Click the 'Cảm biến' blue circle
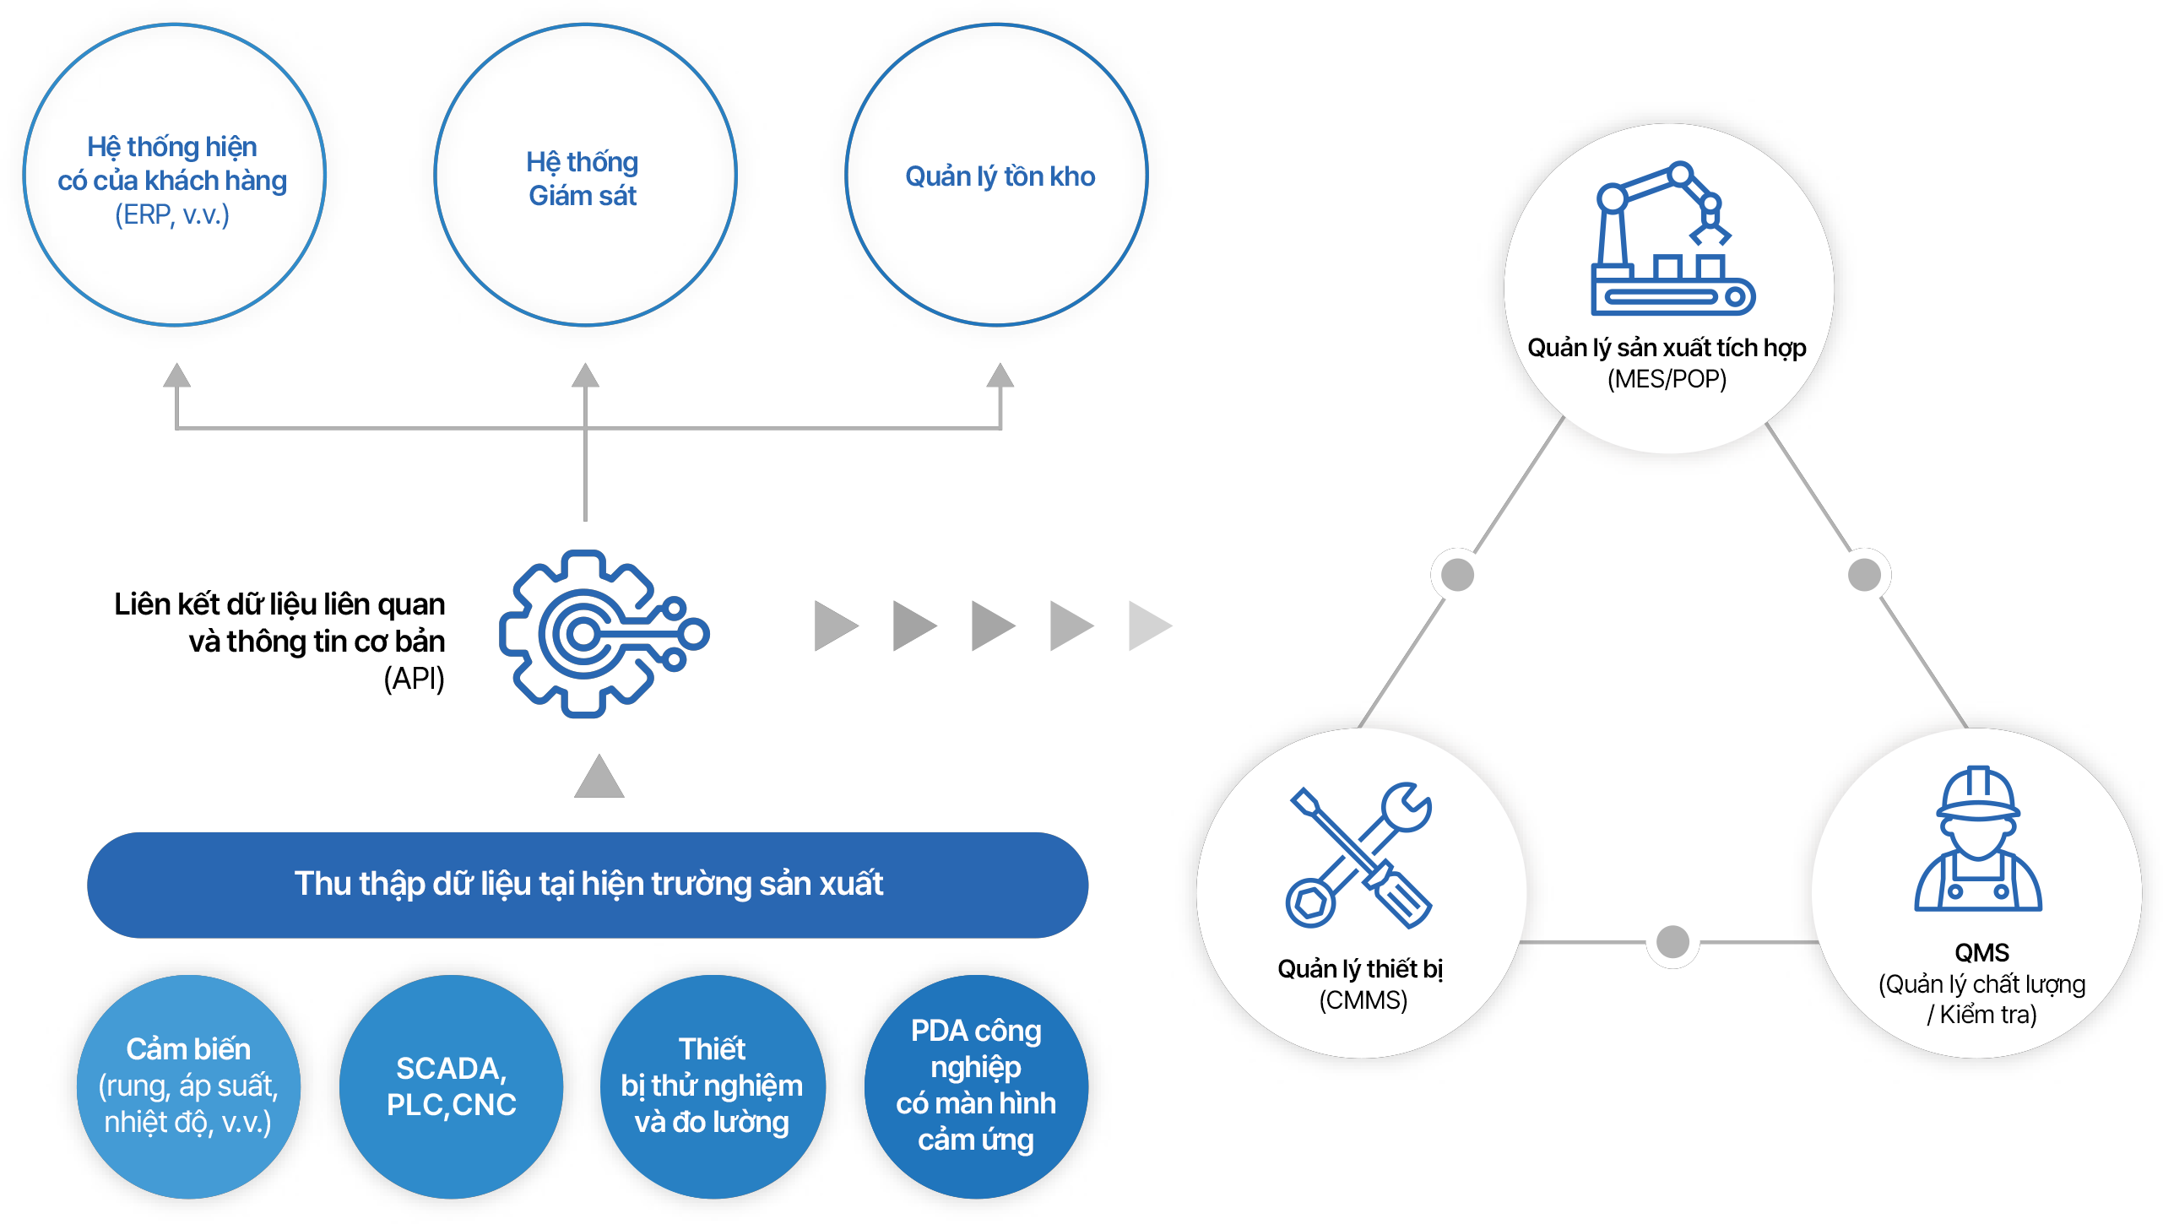[x=188, y=1086]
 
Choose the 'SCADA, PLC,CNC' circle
[x=451, y=1086]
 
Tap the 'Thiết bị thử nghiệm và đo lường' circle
[x=712, y=1086]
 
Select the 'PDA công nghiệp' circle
[x=976, y=1086]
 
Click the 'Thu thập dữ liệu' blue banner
[x=588, y=885]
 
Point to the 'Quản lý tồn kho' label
[x=1000, y=176]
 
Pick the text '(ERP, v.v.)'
[x=172, y=215]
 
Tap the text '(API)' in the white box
[x=414, y=678]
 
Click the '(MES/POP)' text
[x=1667, y=379]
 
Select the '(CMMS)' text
[x=1363, y=1000]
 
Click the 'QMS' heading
[x=1981, y=953]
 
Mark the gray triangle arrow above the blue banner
[x=599, y=777]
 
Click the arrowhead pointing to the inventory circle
[x=1000, y=376]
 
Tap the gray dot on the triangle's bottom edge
[x=1672, y=941]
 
